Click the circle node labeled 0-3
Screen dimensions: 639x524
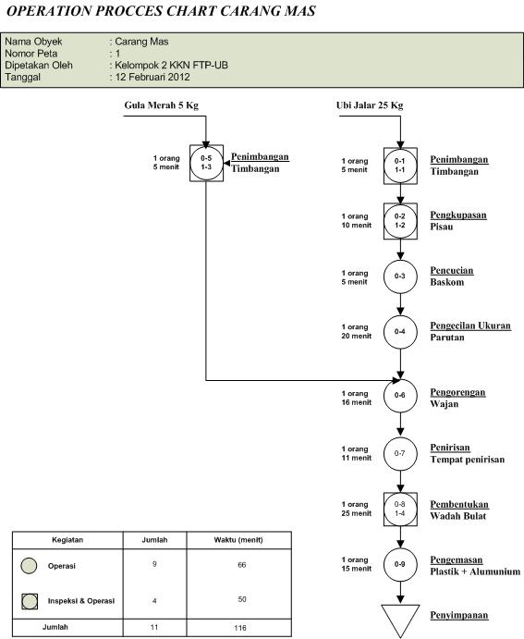click(x=400, y=276)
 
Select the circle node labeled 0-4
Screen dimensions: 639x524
click(x=400, y=331)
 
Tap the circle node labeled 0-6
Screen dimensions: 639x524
click(x=400, y=396)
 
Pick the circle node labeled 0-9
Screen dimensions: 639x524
click(x=400, y=564)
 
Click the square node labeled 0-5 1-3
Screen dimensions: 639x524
click(x=206, y=163)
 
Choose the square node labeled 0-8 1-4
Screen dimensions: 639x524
click(x=400, y=508)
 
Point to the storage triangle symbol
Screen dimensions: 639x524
click(x=400, y=621)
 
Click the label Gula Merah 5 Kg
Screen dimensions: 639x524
click(x=162, y=105)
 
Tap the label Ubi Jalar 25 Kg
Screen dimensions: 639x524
click(x=370, y=105)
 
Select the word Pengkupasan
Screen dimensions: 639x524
click(x=458, y=215)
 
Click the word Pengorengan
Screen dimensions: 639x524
click(x=458, y=392)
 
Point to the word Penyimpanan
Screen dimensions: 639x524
click(x=458, y=615)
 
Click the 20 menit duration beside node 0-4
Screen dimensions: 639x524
click(x=356, y=336)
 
